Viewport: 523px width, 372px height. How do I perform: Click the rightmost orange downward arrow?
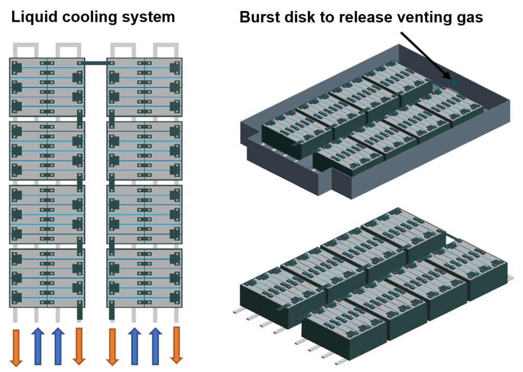pyautogui.click(x=176, y=345)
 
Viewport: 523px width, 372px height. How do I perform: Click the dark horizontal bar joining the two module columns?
pyautogui.click(x=96, y=63)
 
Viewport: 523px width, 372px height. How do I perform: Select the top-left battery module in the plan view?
pyautogui.click(x=46, y=87)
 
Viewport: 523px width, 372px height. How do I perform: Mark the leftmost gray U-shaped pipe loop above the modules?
pyautogui.click(x=26, y=50)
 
